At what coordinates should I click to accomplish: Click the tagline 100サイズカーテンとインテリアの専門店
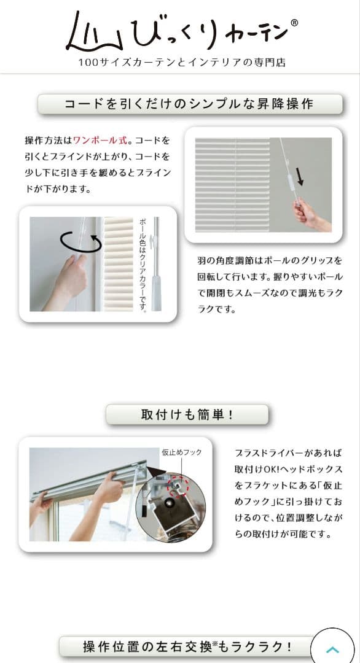182,63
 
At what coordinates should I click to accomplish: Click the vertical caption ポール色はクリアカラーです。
143,264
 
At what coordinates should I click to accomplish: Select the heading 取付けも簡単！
187,414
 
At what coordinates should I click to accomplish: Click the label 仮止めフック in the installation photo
181,452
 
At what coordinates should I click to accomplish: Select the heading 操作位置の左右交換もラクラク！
187,646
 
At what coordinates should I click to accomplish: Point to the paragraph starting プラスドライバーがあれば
288,493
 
